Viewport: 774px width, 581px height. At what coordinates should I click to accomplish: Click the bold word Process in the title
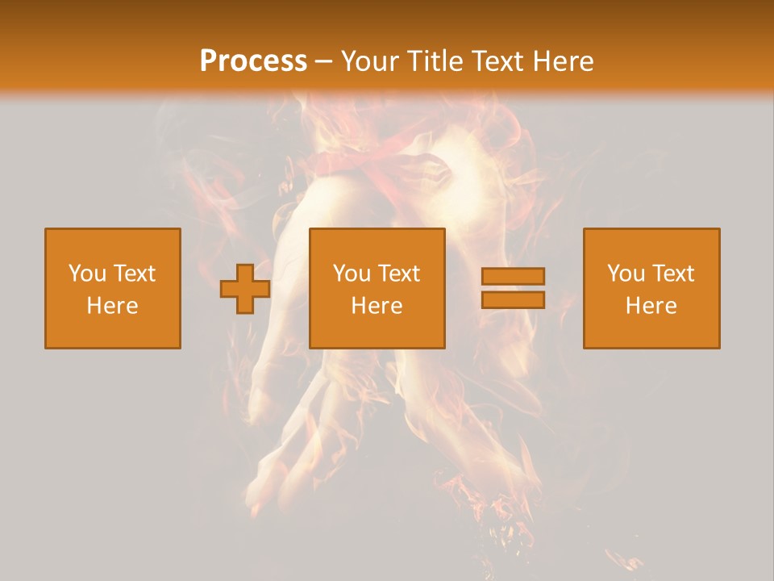coord(253,61)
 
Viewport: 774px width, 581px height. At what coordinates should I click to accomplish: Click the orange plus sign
coord(245,289)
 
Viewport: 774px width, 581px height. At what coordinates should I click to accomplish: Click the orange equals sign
coord(513,288)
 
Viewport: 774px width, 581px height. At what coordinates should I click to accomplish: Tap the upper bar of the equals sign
coord(513,277)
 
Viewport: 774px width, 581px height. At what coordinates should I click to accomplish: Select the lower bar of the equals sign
coord(513,299)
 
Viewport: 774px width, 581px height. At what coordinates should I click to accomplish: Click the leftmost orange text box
coord(113,288)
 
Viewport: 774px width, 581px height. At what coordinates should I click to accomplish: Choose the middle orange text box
coord(377,288)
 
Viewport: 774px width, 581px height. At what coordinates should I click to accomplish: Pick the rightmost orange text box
coord(651,288)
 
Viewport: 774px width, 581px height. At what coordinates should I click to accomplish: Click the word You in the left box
coord(87,274)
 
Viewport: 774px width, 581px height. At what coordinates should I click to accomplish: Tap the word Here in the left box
coord(113,306)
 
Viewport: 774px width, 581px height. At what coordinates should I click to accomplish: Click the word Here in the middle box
coord(377,306)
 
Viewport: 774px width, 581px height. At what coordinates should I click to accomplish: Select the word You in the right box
coord(626,274)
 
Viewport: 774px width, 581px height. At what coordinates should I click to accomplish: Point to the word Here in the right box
coord(651,306)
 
